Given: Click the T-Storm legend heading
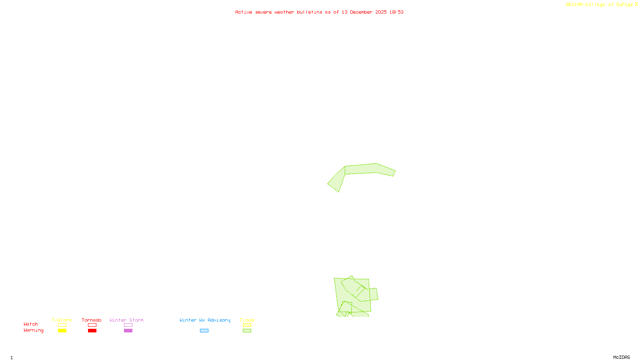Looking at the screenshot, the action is (62, 320).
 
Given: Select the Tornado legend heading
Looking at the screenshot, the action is (92, 320).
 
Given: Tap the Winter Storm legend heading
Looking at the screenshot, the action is (126, 320).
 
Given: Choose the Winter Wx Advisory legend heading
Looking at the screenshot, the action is (205, 320).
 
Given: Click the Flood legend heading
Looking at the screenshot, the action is (247, 320).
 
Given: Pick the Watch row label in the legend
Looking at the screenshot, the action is (31, 324).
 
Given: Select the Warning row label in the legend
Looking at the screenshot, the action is (34, 330).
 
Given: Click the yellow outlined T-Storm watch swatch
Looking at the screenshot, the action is (62, 325).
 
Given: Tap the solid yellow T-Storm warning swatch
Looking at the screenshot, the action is (62, 331).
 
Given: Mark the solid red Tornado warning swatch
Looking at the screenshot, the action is (92, 331).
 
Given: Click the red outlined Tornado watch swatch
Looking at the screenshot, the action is (92, 325).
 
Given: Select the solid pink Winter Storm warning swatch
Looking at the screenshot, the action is (128, 331).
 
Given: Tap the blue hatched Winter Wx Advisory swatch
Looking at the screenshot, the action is (204, 331).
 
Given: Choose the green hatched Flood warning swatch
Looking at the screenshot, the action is (247, 331).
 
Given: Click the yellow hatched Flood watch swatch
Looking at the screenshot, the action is (247, 325).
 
